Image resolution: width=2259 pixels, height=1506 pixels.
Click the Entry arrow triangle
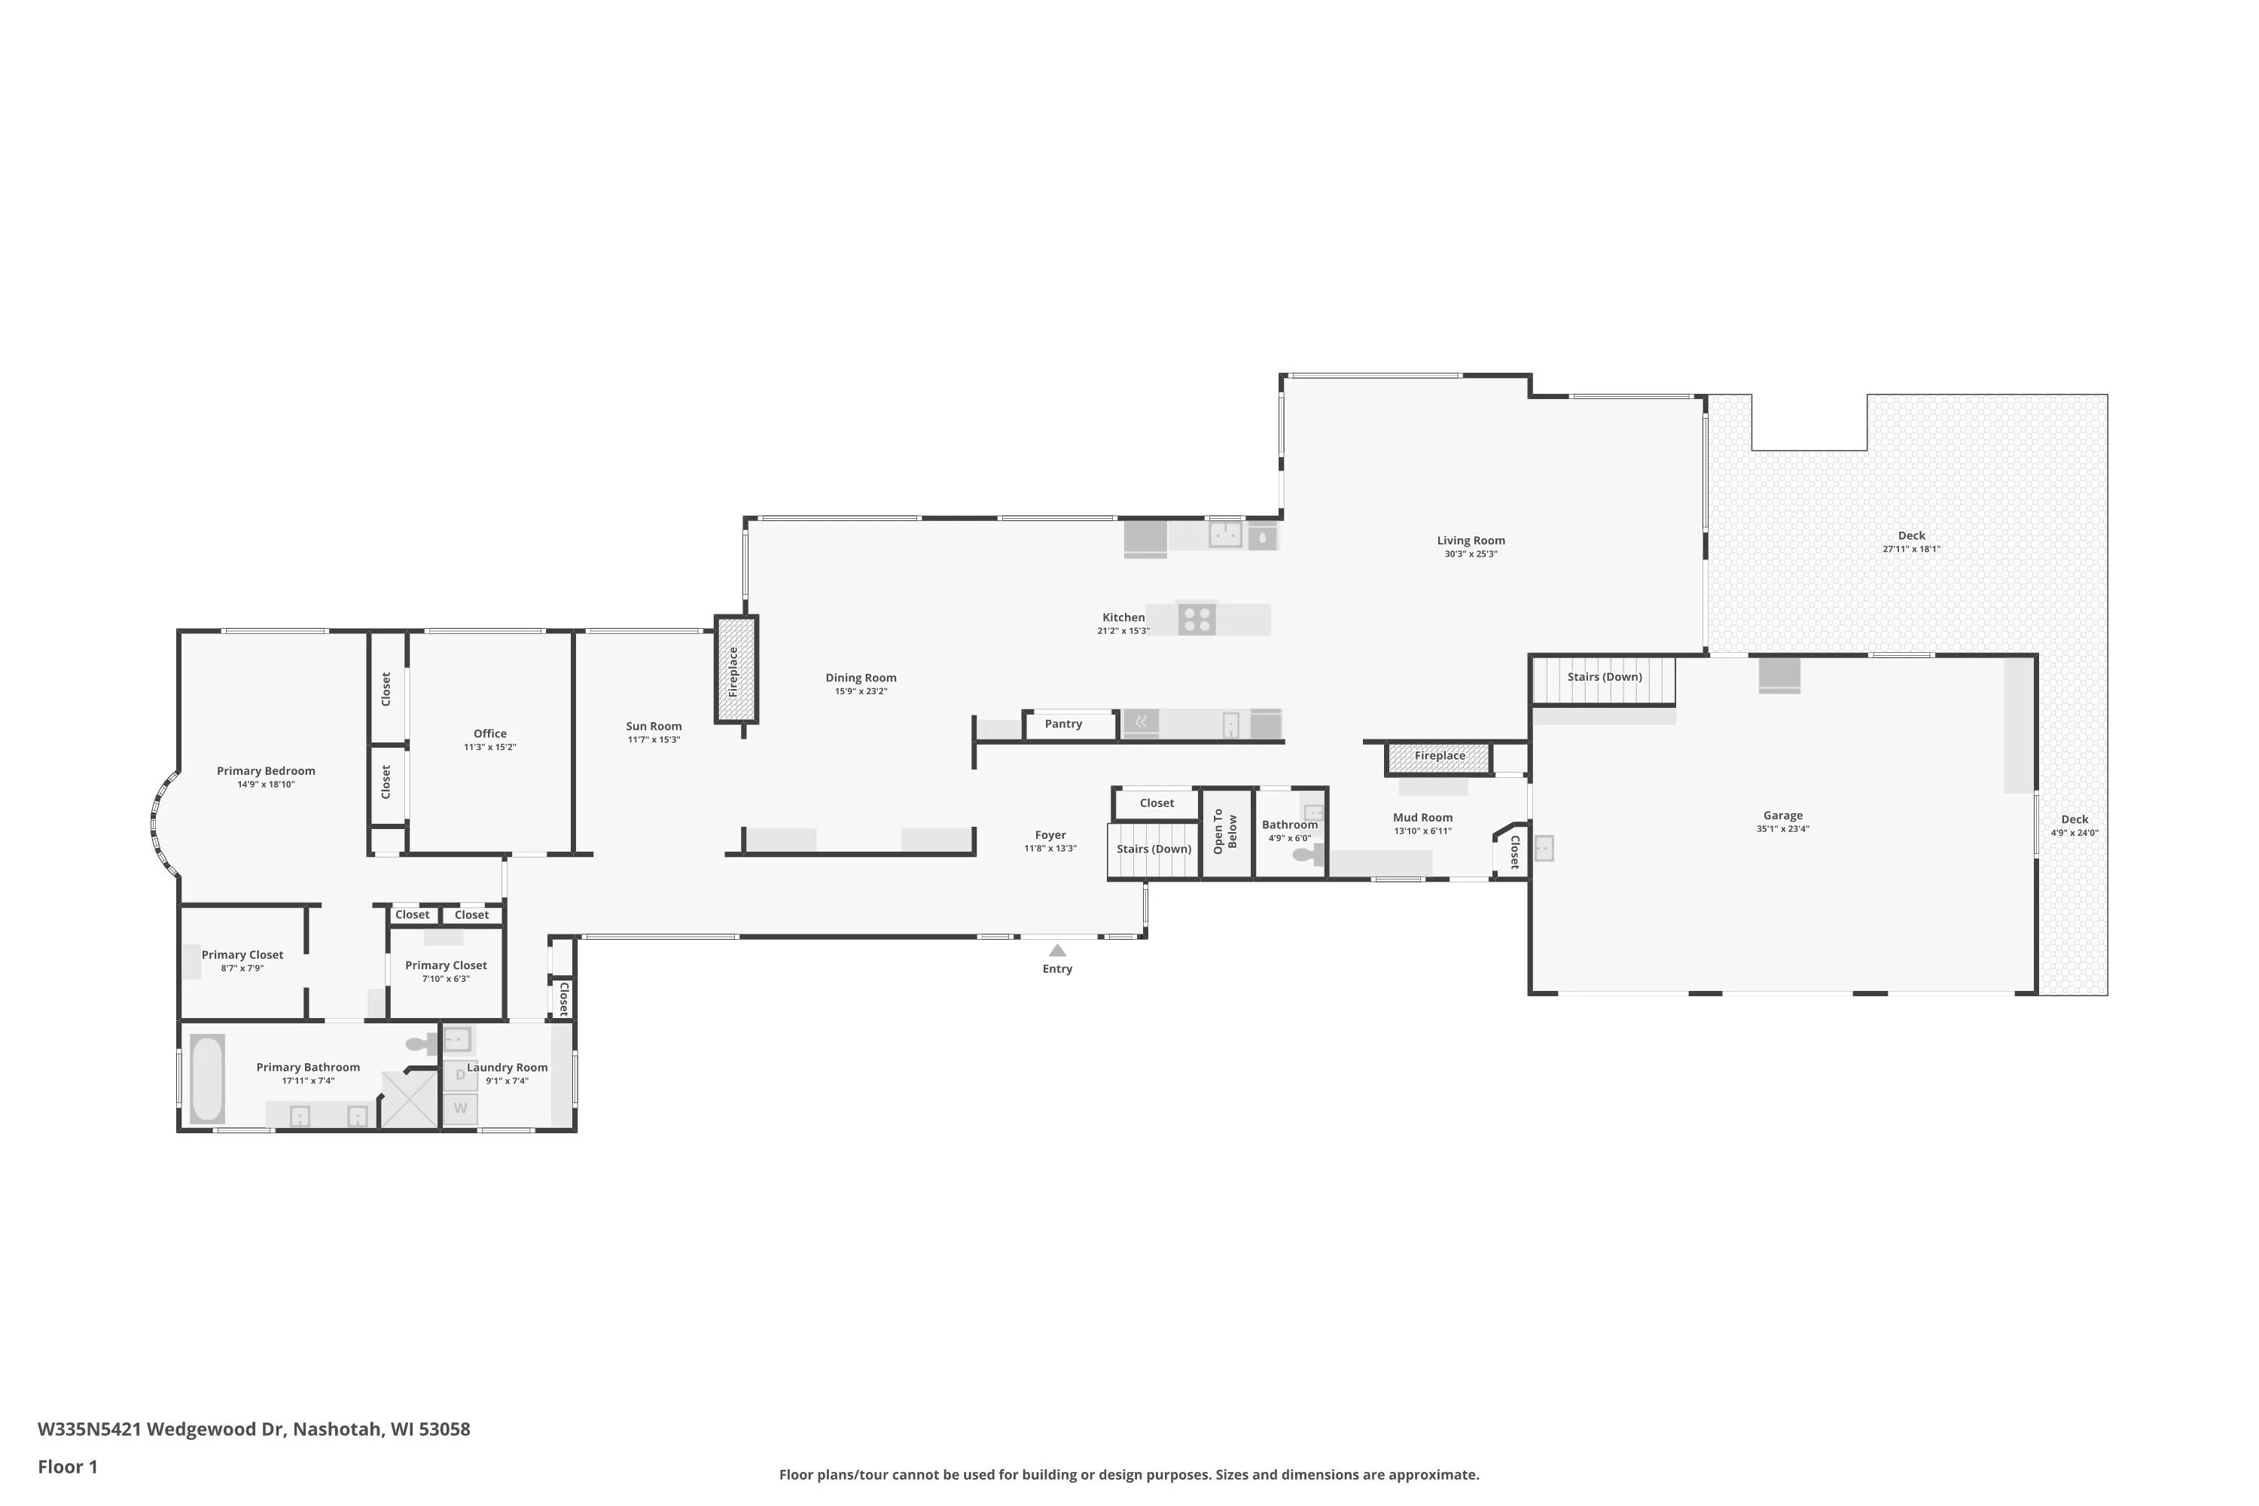(x=1056, y=950)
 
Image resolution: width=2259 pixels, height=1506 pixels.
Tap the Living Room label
(x=1471, y=541)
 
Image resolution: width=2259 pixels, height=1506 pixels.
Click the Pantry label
(x=1063, y=724)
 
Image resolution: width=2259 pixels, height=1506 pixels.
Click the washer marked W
(x=460, y=1108)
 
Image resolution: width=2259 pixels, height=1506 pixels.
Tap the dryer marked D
(x=460, y=1075)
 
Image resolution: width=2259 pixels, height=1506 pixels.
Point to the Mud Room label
(x=1422, y=817)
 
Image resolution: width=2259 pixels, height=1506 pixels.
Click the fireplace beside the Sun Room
(x=736, y=669)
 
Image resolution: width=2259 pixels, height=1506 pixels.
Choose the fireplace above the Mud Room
(x=1439, y=758)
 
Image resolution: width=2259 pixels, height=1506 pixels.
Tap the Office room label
(x=490, y=733)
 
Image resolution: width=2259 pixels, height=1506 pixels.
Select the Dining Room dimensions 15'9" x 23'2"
(x=861, y=691)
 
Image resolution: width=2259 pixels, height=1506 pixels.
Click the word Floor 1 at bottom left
(x=67, y=1467)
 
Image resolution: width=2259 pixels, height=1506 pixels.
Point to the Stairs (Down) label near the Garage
(x=1605, y=677)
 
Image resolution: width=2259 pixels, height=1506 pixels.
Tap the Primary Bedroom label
(x=266, y=771)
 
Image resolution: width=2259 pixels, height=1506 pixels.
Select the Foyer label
(x=1050, y=836)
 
